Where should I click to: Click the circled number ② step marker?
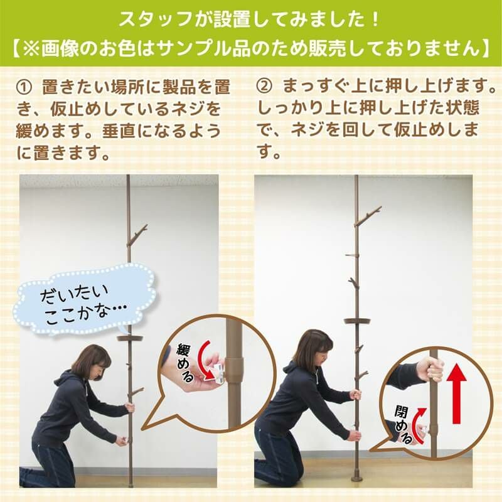[x=264, y=87]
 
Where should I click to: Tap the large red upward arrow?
[x=457, y=395]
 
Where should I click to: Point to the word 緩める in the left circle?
[x=185, y=363]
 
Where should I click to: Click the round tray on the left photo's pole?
[x=130, y=338]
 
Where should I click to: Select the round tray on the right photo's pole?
[x=357, y=321]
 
